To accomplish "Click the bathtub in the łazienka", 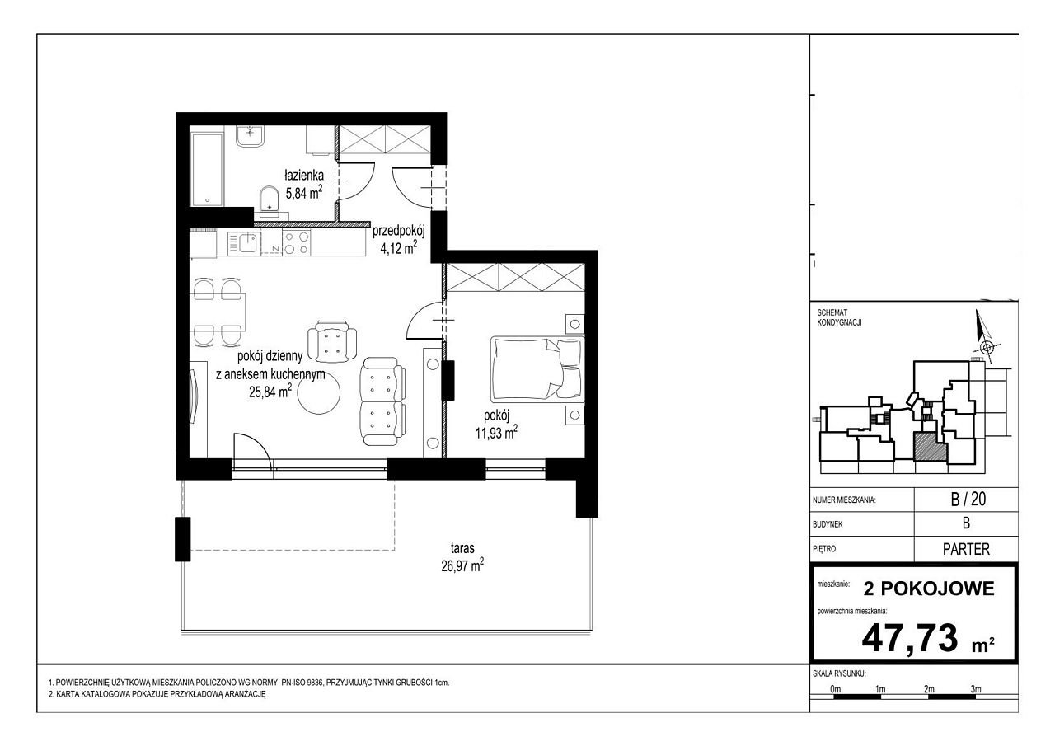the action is pos(207,169).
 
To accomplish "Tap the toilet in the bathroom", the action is pos(270,200).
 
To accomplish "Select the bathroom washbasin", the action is pos(251,137).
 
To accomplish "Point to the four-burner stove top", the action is pos(297,243).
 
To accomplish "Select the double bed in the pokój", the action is pos(537,368).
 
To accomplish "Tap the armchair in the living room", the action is pos(332,342).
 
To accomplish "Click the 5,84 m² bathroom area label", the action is pos(304,192).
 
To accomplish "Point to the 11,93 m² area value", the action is pos(496,432).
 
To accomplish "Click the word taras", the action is pos(462,548).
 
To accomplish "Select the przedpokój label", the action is pos(399,232).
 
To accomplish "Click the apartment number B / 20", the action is pos(968,500).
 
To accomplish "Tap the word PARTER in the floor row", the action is pos(967,549).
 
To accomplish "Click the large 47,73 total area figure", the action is pos(910,638).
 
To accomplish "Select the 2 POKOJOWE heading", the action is pos(929,589).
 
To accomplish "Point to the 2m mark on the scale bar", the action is pos(929,689).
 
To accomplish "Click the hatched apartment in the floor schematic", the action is pos(930,448).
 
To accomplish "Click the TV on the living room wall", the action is pos(194,396).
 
